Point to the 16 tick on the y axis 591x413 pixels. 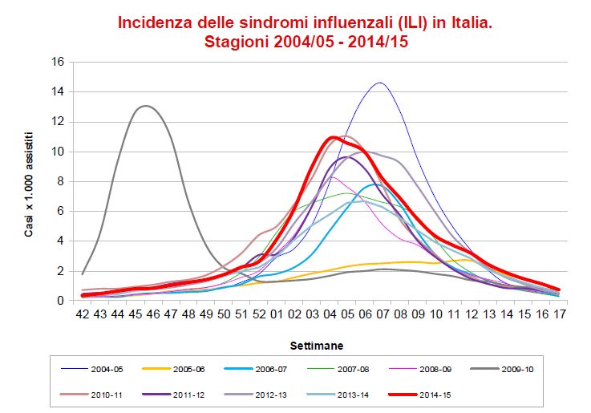pyautogui.click(x=59, y=62)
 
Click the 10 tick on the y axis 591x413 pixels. pyautogui.click(x=59, y=152)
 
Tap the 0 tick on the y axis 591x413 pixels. pyautogui.click(x=62, y=301)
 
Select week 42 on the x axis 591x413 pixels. pyautogui.click(x=83, y=315)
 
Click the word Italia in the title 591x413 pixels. pyautogui.click(x=463, y=22)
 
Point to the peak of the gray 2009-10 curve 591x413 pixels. pyautogui.click(x=145, y=106)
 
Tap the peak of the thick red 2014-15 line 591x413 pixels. pyautogui.click(x=334, y=137)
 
